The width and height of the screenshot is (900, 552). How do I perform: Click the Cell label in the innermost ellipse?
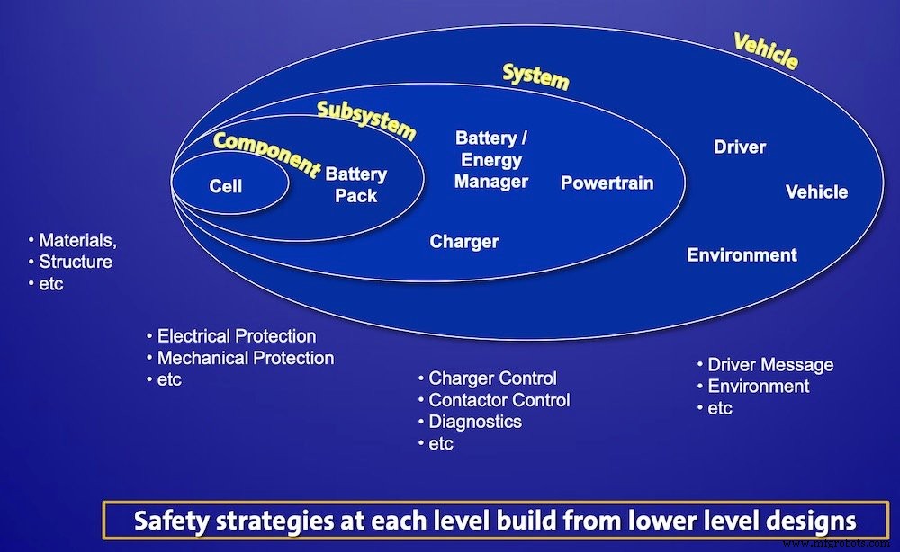pos(226,186)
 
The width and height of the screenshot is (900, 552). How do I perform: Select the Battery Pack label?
pos(356,184)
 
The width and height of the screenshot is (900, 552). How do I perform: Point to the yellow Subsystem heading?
pos(366,120)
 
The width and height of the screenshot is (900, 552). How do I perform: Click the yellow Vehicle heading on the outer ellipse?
pos(766,51)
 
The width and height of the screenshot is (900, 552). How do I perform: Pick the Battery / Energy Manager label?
pos(490,160)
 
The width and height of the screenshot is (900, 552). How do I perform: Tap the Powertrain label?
pos(607,183)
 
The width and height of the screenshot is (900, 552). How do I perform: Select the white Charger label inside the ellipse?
pos(464,241)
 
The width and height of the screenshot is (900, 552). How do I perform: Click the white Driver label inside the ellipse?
pos(740,147)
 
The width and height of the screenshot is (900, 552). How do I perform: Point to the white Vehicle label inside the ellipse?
pos(816,191)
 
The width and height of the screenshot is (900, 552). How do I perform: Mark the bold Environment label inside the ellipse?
pos(742,254)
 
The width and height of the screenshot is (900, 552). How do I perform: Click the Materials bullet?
pos(77,241)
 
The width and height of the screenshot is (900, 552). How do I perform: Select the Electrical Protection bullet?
pos(236,336)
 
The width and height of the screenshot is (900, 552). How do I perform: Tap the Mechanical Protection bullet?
pos(245,358)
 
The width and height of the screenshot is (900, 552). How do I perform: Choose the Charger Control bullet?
pos(492,378)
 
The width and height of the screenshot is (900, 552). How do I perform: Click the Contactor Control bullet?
pos(499,400)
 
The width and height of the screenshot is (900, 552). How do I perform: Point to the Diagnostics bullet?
pos(474,422)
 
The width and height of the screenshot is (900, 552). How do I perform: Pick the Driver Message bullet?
pos(770,365)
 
